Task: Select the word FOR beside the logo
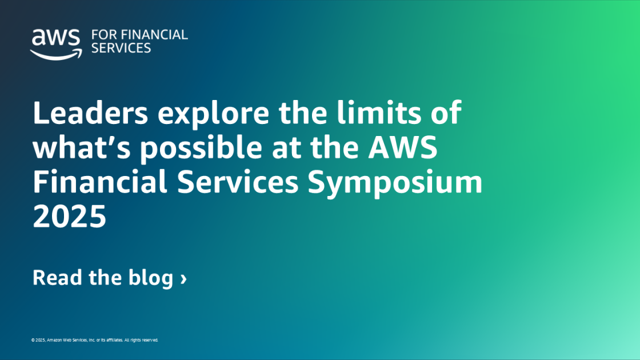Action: [x=103, y=35]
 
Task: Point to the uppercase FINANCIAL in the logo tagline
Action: [x=154, y=35]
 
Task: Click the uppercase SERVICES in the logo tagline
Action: [x=121, y=48]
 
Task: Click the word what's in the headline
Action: [x=82, y=147]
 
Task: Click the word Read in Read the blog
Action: [x=57, y=278]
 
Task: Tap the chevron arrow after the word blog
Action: [x=183, y=279]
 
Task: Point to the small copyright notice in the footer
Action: [x=94, y=340]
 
